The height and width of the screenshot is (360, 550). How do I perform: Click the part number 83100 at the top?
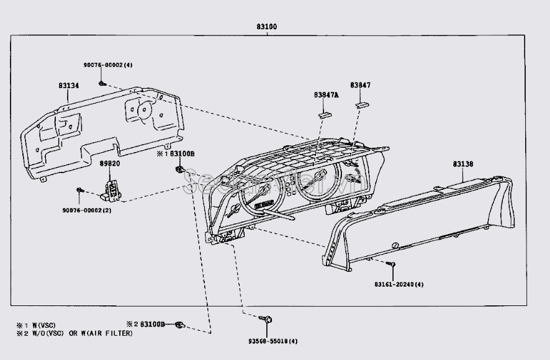click(x=266, y=27)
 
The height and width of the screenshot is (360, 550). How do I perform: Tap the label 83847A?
click(x=327, y=95)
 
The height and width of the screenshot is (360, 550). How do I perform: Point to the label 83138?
click(x=462, y=164)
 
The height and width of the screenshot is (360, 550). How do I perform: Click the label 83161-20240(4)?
click(x=399, y=284)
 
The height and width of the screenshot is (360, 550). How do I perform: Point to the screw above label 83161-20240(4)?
click(x=392, y=265)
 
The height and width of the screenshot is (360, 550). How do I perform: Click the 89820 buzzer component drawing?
click(x=112, y=189)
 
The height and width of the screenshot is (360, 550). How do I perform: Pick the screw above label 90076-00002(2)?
click(x=79, y=189)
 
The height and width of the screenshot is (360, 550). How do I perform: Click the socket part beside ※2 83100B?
click(x=179, y=324)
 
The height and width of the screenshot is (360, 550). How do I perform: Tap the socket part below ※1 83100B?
click(x=180, y=171)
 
